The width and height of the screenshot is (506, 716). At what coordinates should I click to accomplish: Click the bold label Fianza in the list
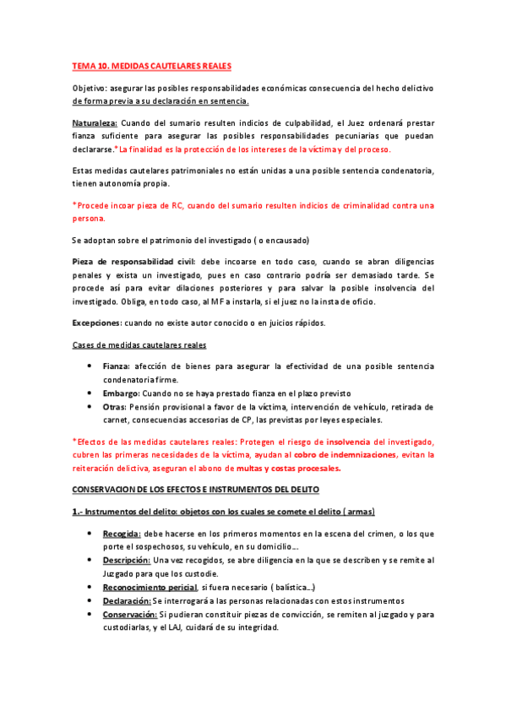116,366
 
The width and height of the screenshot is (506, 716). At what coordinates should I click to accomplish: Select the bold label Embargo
121,393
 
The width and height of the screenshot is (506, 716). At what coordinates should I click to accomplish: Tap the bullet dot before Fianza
90,366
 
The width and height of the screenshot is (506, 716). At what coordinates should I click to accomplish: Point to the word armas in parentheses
354,512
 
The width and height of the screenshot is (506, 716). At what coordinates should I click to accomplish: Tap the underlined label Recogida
122,534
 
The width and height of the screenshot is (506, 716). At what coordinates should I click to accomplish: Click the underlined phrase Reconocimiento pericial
150,587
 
